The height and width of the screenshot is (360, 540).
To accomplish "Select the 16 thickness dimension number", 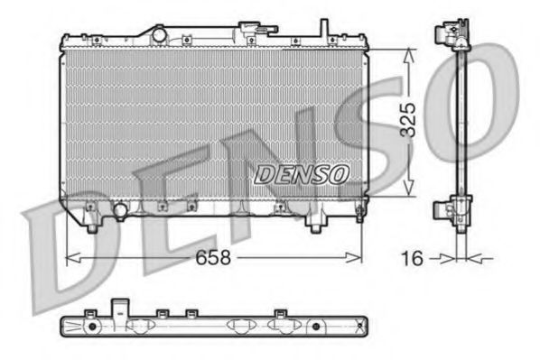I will pos(411,257).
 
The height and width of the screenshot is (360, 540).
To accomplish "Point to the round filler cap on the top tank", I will pos(160,34).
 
